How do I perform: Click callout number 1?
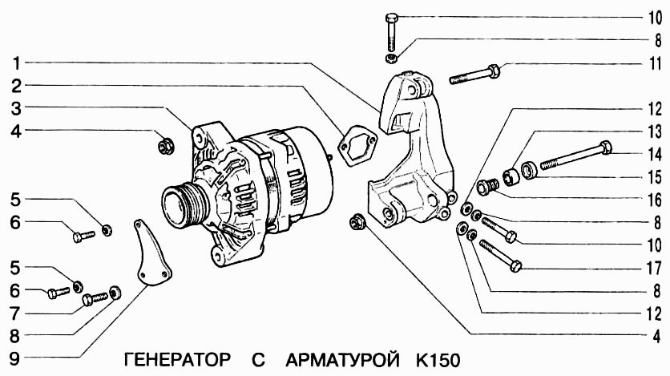coord(14,62)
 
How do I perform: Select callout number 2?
coord(14,84)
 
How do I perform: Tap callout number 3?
coord(14,107)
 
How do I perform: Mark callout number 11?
coord(656,62)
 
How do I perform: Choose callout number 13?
coord(656,130)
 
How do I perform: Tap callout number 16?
coord(656,198)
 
